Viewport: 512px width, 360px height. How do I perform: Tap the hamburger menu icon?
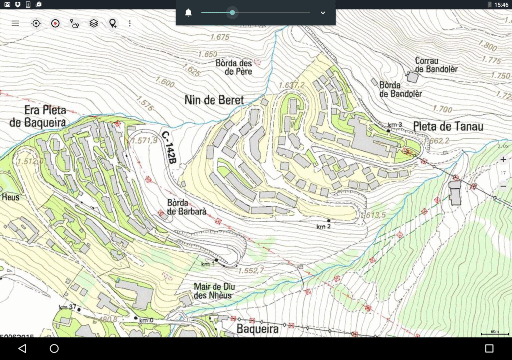pos(15,23)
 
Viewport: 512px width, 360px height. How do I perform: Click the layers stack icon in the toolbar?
pos(94,23)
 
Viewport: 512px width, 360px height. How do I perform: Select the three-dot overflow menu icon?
pos(130,23)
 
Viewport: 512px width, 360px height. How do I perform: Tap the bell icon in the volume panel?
pos(188,13)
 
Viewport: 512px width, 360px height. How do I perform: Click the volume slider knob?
pos(232,13)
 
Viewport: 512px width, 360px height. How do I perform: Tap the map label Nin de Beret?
pos(214,100)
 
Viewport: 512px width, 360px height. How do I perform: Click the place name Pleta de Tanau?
pos(448,127)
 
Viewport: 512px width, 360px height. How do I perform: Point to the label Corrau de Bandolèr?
pos(436,65)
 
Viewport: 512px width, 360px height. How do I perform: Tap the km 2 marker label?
pos(324,226)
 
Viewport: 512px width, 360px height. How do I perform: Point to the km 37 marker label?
pos(67,307)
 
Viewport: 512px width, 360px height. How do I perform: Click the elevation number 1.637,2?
pos(292,85)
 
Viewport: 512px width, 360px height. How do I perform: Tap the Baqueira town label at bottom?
pos(257,329)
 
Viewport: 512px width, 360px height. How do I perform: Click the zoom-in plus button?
pos(503,159)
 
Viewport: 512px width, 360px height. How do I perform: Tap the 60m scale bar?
pos(495,333)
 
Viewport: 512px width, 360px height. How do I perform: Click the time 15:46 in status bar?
pos(501,5)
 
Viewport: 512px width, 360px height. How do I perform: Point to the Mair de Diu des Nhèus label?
pos(214,291)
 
